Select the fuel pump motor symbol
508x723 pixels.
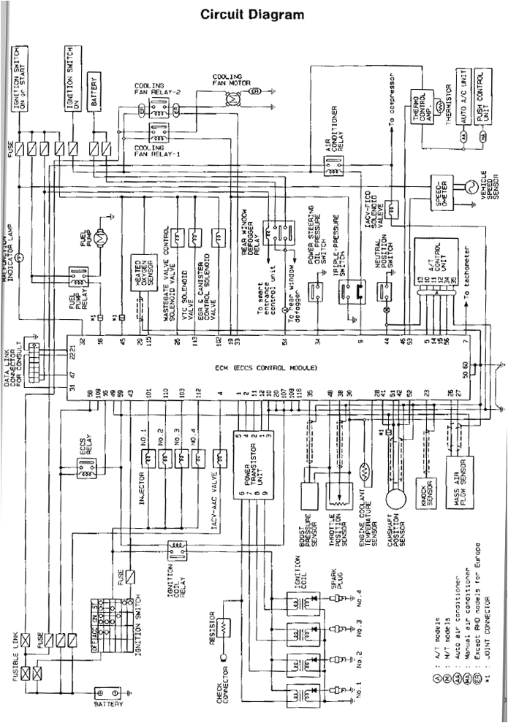point(103,236)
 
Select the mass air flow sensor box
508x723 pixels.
point(458,479)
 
